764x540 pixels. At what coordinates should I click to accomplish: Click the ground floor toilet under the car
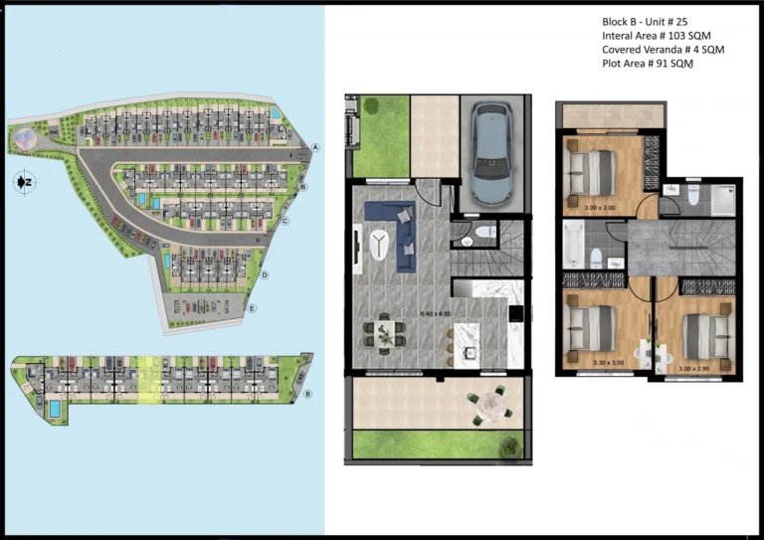(x=483, y=233)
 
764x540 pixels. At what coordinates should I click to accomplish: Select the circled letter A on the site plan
(x=316, y=147)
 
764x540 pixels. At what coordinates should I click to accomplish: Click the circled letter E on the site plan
(x=256, y=308)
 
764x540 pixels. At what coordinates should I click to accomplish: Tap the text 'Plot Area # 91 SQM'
(x=647, y=64)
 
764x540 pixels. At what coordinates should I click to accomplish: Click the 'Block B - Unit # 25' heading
(x=645, y=21)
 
